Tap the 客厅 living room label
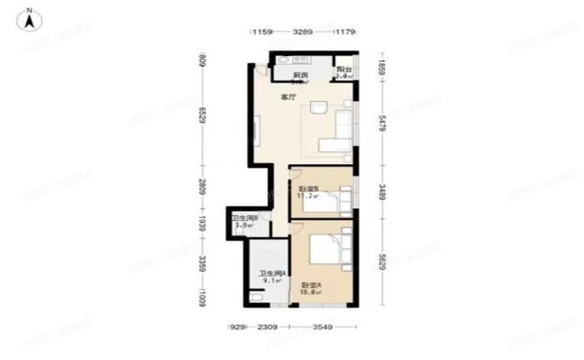point(288,97)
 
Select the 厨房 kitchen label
point(301,75)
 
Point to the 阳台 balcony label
point(344,70)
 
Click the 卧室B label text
point(306,190)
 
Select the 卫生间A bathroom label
point(272,273)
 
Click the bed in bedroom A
point(327,248)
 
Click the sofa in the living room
point(338,131)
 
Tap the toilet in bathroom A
point(258,297)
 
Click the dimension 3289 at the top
point(303,32)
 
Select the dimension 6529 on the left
point(202,116)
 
